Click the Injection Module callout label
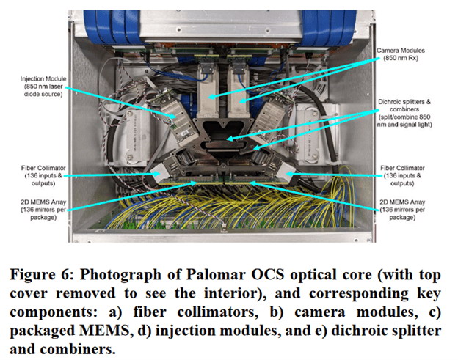tap(43, 87)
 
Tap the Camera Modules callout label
tap(401, 54)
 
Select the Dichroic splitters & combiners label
tap(404, 113)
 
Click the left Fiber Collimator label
tap(43, 176)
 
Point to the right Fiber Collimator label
tap(402, 176)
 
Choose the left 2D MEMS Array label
tap(43, 210)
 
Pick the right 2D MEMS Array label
tap(402, 210)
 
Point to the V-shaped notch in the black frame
tap(223, 125)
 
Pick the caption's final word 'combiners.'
tap(78, 349)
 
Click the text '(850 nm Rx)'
tap(401, 58)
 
